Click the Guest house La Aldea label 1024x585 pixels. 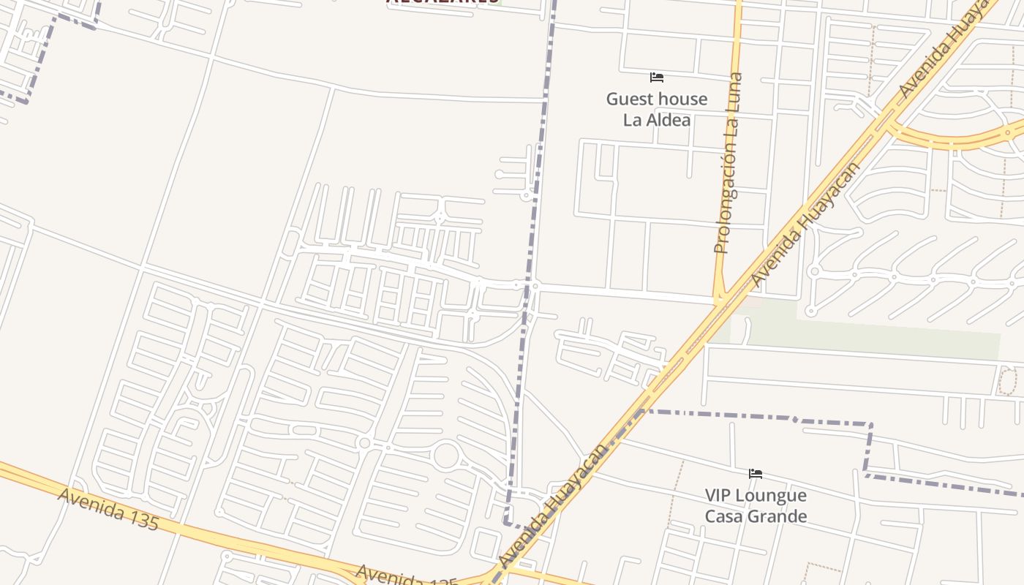tap(657, 109)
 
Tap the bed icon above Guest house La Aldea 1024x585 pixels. tap(657, 77)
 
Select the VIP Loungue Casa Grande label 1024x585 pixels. tap(756, 505)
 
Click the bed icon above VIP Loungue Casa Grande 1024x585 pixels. tap(756, 474)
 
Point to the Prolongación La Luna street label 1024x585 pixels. tap(729, 163)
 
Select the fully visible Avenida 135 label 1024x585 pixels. tap(108, 509)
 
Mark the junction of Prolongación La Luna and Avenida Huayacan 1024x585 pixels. tap(720, 301)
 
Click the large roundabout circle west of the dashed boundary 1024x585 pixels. tap(445, 456)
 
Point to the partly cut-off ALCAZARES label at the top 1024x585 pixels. tap(443, 2)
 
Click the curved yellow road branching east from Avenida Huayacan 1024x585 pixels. tap(951, 140)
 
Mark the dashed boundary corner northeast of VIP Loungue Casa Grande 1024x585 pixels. tap(870, 424)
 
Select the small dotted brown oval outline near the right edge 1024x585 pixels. tap(1007, 382)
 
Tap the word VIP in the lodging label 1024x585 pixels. tap(720, 495)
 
